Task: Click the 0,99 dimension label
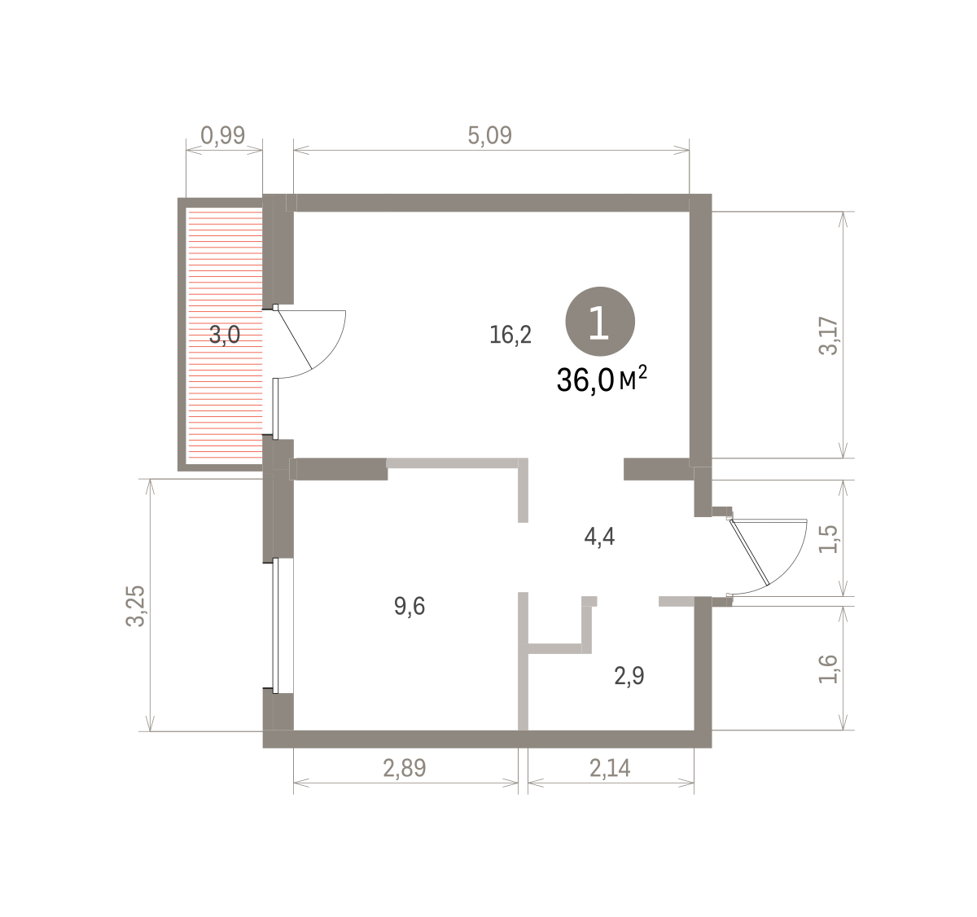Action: pos(223,135)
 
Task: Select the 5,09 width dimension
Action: pos(489,135)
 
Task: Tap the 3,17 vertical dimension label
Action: pos(829,336)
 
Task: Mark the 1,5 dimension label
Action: pos(829,539)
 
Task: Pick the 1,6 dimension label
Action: pos(829,669)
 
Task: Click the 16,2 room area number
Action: pos(510,336)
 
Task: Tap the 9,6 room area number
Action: pos(410,606)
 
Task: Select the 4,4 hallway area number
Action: pos(599,537)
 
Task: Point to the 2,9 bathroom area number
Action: pos(629,676)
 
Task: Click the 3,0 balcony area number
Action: pos(225,336)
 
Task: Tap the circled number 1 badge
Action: pos(600,322)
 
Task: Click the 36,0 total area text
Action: pos(585,380)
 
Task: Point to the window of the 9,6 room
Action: pos(276,625)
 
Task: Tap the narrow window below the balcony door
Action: pos(275,408)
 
